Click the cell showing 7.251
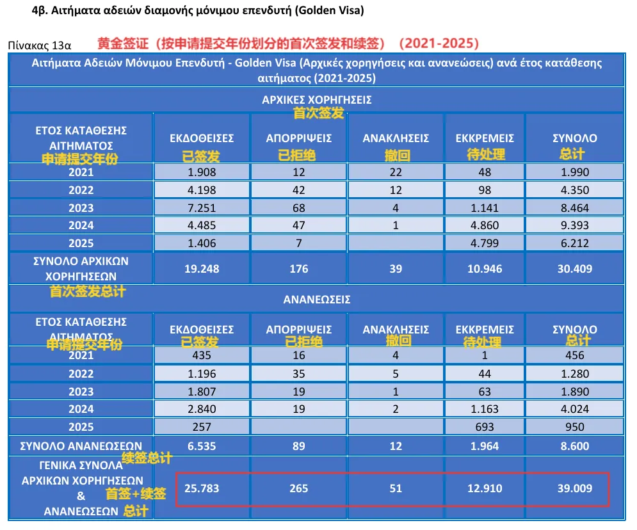202,208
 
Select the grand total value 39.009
574,488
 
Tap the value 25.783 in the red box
202,488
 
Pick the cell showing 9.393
574,225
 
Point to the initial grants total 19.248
202,269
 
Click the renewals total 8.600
574,446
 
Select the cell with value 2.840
202,410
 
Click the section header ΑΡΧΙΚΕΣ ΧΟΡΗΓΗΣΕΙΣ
316,100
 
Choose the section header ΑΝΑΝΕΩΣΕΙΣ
316,299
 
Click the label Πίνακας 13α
38,45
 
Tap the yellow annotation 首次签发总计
88,291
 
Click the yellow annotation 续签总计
147,458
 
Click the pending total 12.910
485,488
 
